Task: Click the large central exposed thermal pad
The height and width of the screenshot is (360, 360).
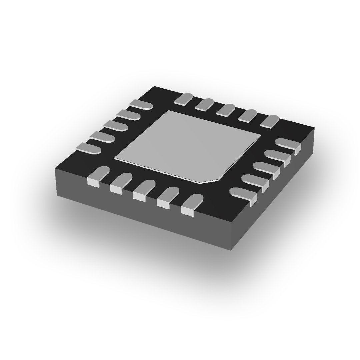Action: (x=187, y=145)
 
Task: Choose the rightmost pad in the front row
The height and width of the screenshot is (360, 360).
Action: (x=192, y=203)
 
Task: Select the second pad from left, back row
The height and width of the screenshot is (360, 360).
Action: (x=204, y=104)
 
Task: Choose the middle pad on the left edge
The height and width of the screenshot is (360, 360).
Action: (x=115, y=125)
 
